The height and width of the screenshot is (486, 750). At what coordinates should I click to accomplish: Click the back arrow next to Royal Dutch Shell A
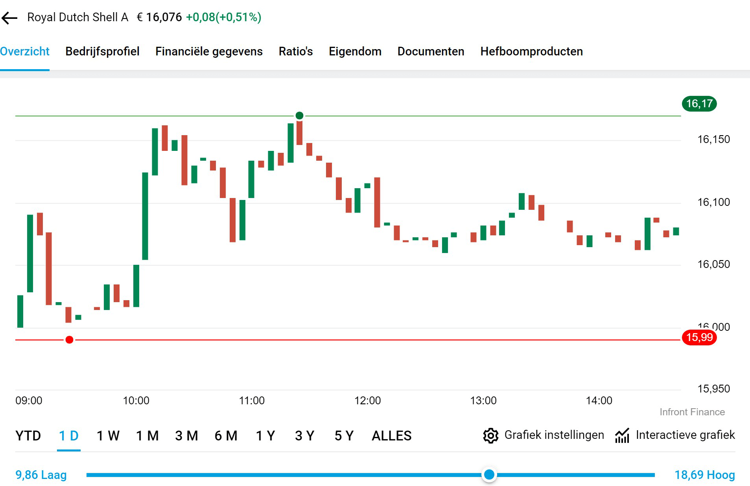click(9, 18)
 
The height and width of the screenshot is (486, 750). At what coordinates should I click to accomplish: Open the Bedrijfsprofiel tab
click(102, 51)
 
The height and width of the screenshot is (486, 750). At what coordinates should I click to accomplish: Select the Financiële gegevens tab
click(209, 51)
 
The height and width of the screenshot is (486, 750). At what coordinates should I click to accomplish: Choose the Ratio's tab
click(295, 51)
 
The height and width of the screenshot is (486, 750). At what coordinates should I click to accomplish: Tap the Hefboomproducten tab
click(531, 51)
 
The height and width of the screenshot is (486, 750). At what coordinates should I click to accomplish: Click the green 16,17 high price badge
click(699, 104)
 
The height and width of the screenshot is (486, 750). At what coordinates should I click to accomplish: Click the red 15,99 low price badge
click(699, 337)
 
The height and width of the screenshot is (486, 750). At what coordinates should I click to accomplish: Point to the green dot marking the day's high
click(299, 116)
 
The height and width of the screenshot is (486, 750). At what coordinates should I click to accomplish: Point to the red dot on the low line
click(69, 340)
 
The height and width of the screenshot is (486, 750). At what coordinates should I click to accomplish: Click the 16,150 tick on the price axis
click(713, 139)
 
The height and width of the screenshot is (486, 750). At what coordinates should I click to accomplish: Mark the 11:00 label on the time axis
click(252, 401)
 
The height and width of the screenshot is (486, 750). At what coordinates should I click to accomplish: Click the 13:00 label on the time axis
click(483, 401)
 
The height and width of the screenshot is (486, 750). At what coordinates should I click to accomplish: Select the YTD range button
click(28, 436)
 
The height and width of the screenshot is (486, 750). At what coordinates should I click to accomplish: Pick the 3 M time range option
click(186, 436)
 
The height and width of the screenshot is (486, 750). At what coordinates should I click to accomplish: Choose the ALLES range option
click(391, 436)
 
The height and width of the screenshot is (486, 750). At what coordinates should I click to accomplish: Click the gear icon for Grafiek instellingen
click(490, 436)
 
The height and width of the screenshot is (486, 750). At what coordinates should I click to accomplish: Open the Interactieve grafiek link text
click(685, 435)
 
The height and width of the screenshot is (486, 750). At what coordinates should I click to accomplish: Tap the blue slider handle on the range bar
click(489, 475)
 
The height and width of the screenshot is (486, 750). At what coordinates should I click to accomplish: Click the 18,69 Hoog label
click(704, 475)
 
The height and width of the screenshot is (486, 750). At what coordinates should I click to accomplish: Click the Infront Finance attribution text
click(692, 412)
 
